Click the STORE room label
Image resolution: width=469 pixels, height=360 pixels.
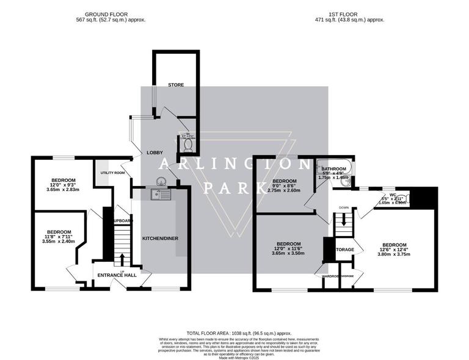(x=176, y=84)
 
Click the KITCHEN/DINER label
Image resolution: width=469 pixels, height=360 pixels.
(x=160, y=237)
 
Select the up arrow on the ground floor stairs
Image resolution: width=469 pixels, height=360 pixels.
(x=122, y=259)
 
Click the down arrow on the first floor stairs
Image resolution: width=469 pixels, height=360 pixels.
(x=343, y=221)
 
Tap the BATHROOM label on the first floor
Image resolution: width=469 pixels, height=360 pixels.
(x=334, y=169)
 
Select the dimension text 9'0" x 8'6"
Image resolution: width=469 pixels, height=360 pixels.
(x=285, y=186)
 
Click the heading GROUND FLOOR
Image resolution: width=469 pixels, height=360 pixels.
(x=106, y=13)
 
